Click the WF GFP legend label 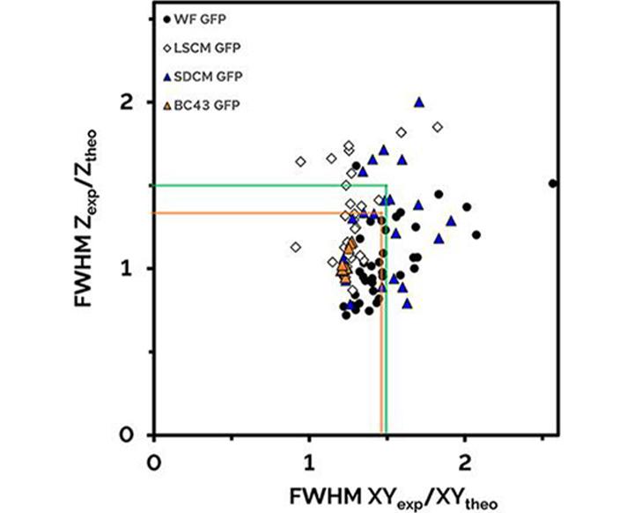pos(193,19)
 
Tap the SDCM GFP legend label pos(201,77)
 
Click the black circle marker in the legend pos(167,19)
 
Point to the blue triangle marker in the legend pos(167,77)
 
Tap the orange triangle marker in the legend pos(167,106)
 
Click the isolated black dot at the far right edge pos(553,183)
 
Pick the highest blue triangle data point pos(419,101)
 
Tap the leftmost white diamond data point pos(296,247)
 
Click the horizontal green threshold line pos(264,185)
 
